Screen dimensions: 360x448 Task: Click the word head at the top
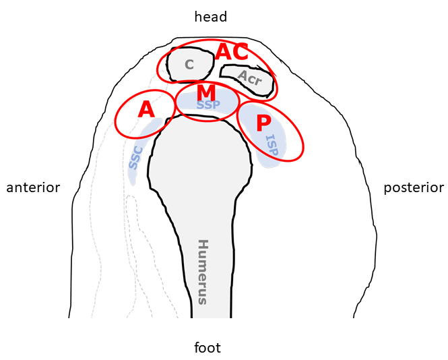point(210,17)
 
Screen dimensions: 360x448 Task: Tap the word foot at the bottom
point(207,348)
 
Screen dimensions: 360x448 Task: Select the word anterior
point(33,187)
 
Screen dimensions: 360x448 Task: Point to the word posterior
point(414,187)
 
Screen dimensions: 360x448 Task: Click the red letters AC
point(232,52)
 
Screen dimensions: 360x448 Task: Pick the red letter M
point(206,92)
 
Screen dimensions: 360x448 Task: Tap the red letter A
point(146,109)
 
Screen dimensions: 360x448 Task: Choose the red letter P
point(263,123)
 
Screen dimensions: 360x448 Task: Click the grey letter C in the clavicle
point(189,65)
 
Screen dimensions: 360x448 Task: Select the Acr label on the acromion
point(249,78)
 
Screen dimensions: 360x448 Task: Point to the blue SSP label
point(208,105)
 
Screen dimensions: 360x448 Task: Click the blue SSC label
point(135,158)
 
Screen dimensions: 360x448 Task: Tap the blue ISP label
point(271,144)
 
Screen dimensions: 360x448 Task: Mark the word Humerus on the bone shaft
point(203,271)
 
